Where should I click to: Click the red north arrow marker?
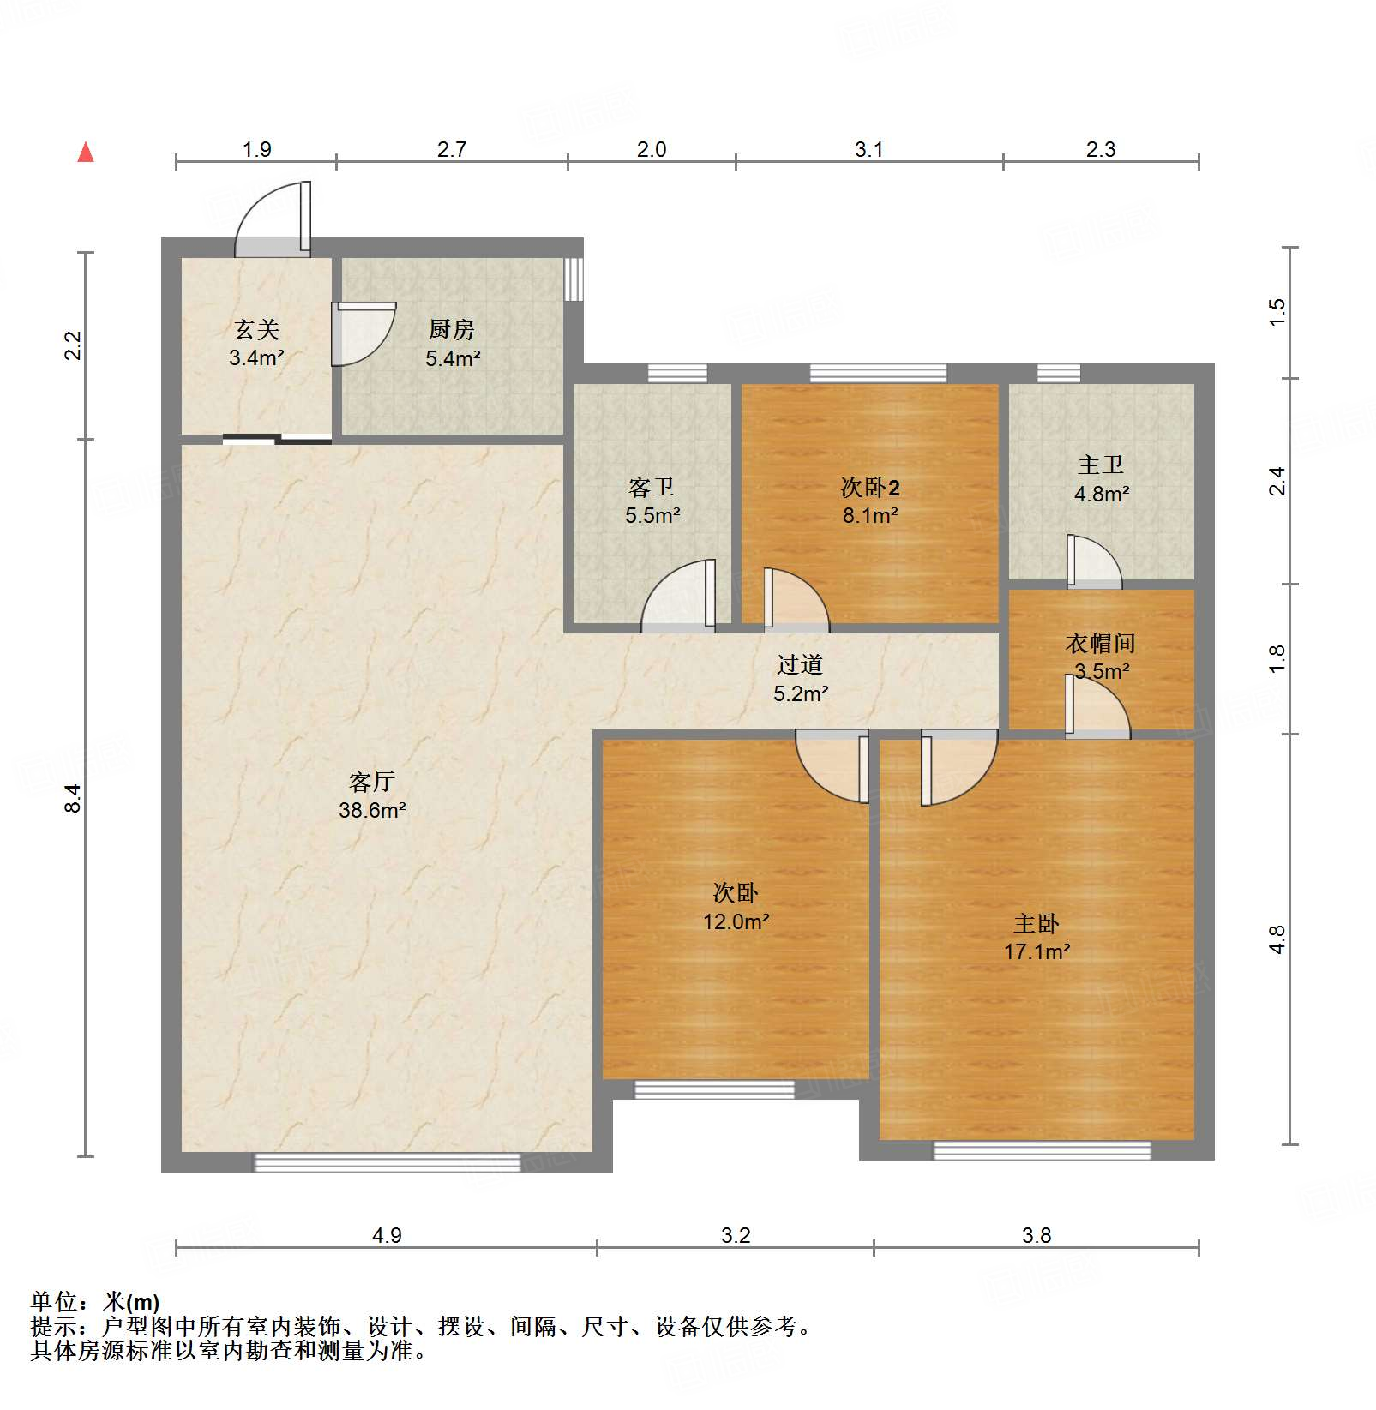[86, 153]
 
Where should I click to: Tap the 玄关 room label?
[256, 330]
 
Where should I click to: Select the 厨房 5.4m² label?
[452, 344]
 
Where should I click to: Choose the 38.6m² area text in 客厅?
[372, 810]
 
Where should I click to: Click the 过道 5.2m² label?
[800, 679]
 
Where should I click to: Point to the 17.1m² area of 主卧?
[1037, 951]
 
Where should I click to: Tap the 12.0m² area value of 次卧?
[736, 921]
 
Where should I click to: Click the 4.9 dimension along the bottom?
[387, 1235]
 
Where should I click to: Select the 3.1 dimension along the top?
[868, 150]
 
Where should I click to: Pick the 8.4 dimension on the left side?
[74, 798]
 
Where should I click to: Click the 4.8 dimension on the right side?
[1277, 939]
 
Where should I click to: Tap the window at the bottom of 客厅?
[387, 1162]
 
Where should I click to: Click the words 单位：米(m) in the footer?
[95, 1302]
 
